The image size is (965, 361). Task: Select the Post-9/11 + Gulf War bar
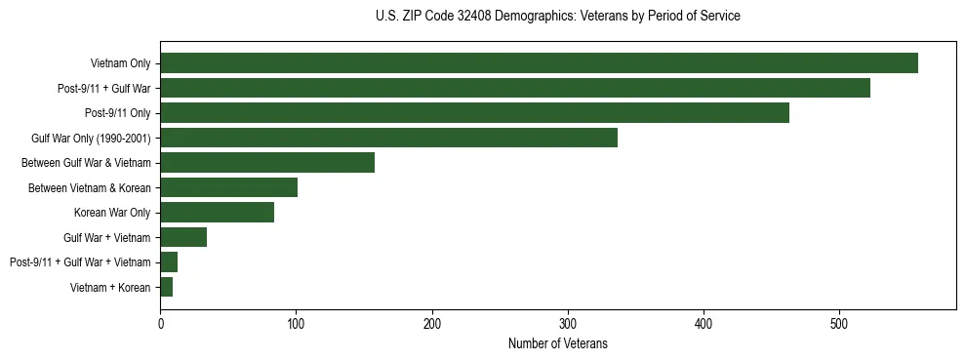tap(515, 89)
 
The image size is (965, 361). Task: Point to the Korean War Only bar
tap(217, 213)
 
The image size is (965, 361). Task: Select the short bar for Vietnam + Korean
tap(167, 287)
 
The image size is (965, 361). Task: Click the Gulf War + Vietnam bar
tap(183, 237)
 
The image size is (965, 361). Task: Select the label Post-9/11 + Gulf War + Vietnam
tap(80, 262)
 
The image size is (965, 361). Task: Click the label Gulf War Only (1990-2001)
tap(91, 139)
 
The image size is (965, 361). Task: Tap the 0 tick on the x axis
tap(160, 323)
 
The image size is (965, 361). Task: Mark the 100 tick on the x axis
tap(296, 323)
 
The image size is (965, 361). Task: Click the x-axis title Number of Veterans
tap(557, 343)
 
